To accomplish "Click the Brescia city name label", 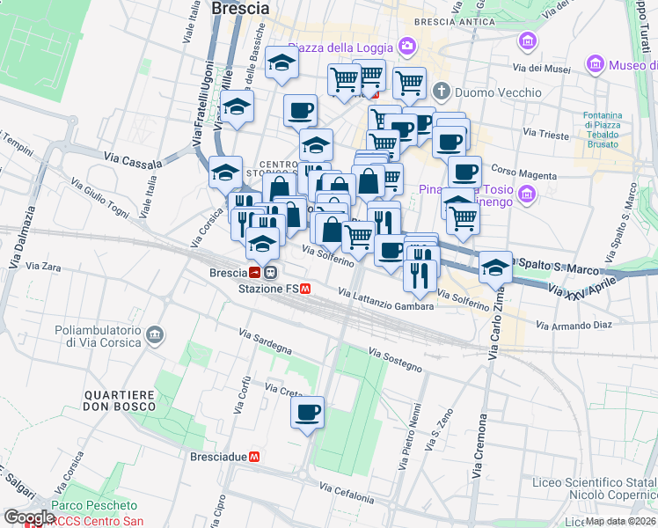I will coord(241,8).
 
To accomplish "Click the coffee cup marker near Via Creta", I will coord(307,412).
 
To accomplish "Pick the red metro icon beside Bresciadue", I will coord(253,457).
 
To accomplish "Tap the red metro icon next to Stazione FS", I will coord(305,288).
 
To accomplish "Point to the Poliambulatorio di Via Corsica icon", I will coord(155,334).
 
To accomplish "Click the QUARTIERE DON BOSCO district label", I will coord(120,400).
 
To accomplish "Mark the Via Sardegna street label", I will coord(266,342).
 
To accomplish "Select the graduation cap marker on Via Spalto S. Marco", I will coord(496,267).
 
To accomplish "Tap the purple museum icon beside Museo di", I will coord(596,65).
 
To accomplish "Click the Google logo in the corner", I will coord(29,517).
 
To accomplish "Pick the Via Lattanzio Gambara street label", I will coord(385,300).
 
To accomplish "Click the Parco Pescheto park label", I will coord(94,505).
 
